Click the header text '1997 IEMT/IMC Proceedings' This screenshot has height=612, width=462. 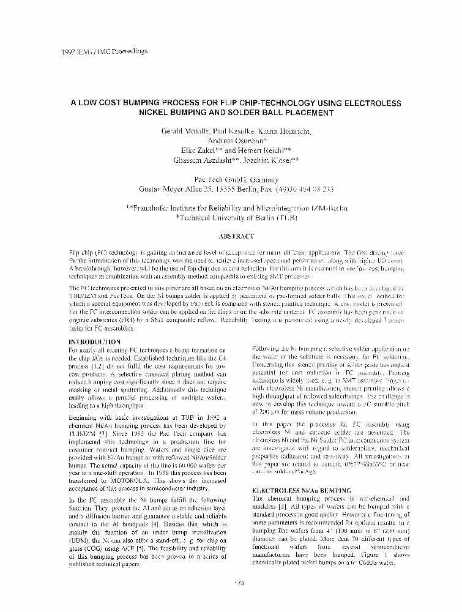tap(105, 51)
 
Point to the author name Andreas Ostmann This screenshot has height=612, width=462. tap(231, 140)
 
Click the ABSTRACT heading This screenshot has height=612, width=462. tap(231, 236)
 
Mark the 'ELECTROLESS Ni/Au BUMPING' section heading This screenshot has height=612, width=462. tap(302, 491)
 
